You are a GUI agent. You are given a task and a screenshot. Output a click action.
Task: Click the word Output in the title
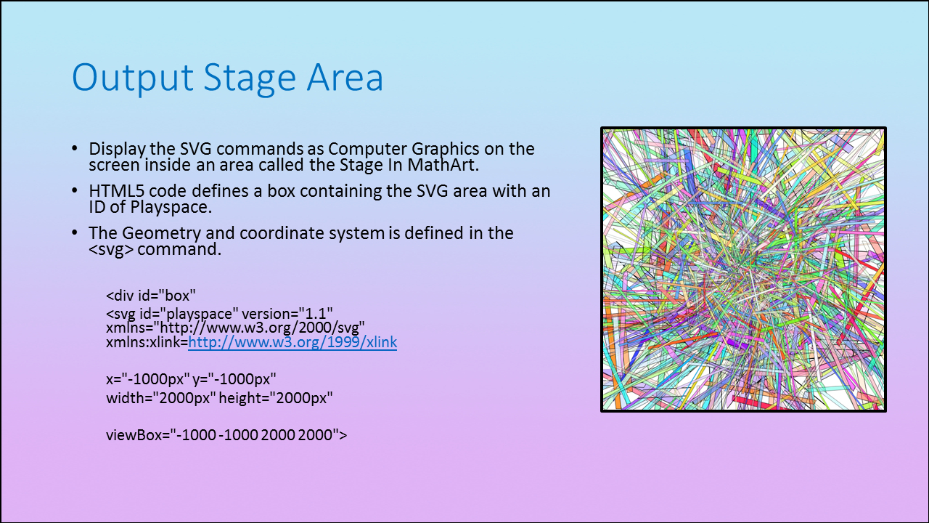tap(133, 78)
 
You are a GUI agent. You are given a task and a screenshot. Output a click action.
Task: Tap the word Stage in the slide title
tap(250, 78)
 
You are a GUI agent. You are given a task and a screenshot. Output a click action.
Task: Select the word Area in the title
tap(345, 77)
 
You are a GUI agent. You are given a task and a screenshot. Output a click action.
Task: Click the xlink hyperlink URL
tap(292, 342)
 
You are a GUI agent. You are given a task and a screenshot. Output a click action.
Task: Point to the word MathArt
tap(443, 165)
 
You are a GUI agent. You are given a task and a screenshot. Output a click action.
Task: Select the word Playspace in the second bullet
tap(171, 208)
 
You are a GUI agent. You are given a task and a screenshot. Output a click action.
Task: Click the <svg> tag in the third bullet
tap(111, 249)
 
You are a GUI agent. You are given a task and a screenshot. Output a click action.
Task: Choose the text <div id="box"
tap(150, 296)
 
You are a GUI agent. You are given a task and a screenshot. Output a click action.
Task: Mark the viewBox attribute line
tap(226, 435)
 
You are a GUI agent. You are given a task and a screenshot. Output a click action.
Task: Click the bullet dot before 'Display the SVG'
tap(74, 149)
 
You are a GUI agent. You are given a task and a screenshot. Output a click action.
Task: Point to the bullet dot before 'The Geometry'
tap(74, 233)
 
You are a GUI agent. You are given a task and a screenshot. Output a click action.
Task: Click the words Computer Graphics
tap(404, 149)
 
